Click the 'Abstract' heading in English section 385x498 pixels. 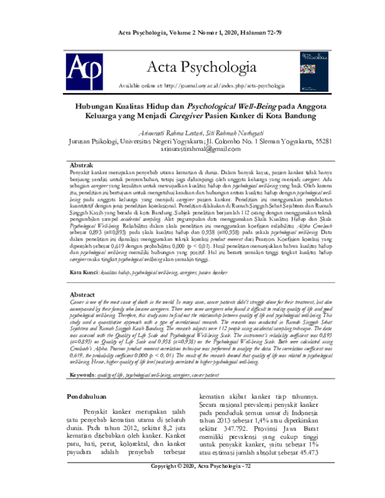81,293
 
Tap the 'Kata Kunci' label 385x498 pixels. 83,273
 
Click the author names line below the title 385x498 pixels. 192,130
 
